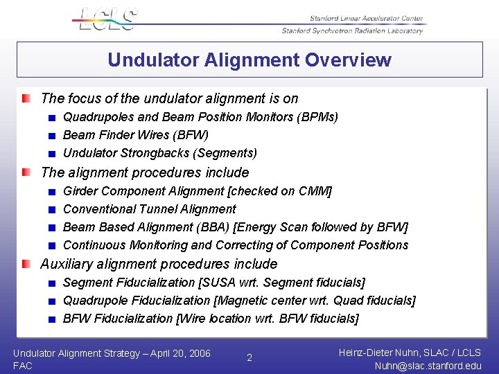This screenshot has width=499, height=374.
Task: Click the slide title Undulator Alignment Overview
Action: click(x=249, y=60)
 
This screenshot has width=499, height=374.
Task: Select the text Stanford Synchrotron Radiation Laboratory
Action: click(x=352, y=31)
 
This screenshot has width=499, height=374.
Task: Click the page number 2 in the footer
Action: click(x=249, y=358)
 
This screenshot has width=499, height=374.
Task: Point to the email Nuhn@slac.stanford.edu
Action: click(x=427, y=366)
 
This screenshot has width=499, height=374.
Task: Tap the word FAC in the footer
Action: click(x=23, y=366)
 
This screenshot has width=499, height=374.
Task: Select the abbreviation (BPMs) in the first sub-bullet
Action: click(x=317, y=117)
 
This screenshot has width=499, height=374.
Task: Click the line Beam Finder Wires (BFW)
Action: click(x=136, y=135)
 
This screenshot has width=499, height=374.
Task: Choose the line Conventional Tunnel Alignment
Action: click(x=150, y=208)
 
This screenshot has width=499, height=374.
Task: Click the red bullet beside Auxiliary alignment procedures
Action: click(x=26, y=264)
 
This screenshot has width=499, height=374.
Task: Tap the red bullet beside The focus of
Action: click(x=26, y=98)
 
